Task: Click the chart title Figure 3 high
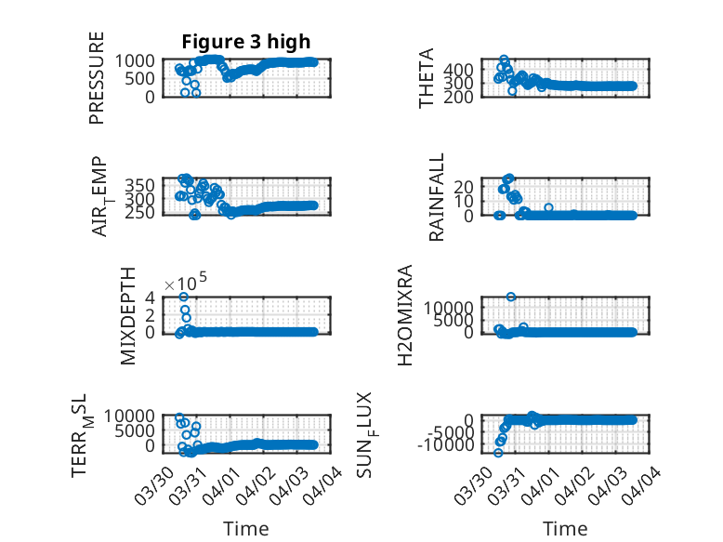245,41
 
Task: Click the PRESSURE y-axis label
97,78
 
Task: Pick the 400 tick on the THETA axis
462,69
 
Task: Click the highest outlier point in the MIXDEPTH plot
184,297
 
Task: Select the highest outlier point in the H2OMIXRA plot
511,297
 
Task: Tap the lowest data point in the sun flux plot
498,453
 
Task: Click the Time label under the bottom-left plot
245,529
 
